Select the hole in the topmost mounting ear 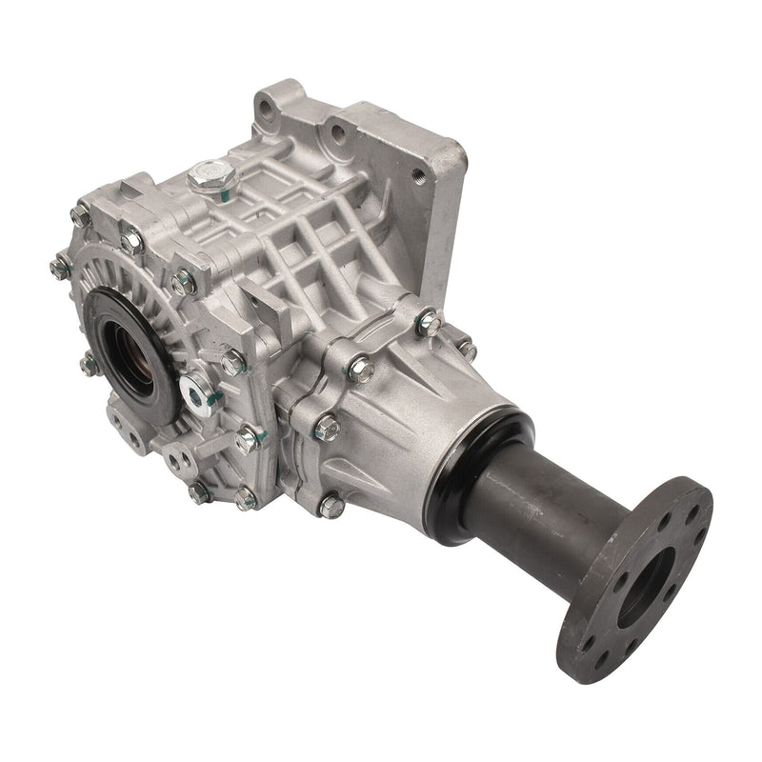coord(272,98)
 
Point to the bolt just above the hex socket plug coord(231,361)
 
